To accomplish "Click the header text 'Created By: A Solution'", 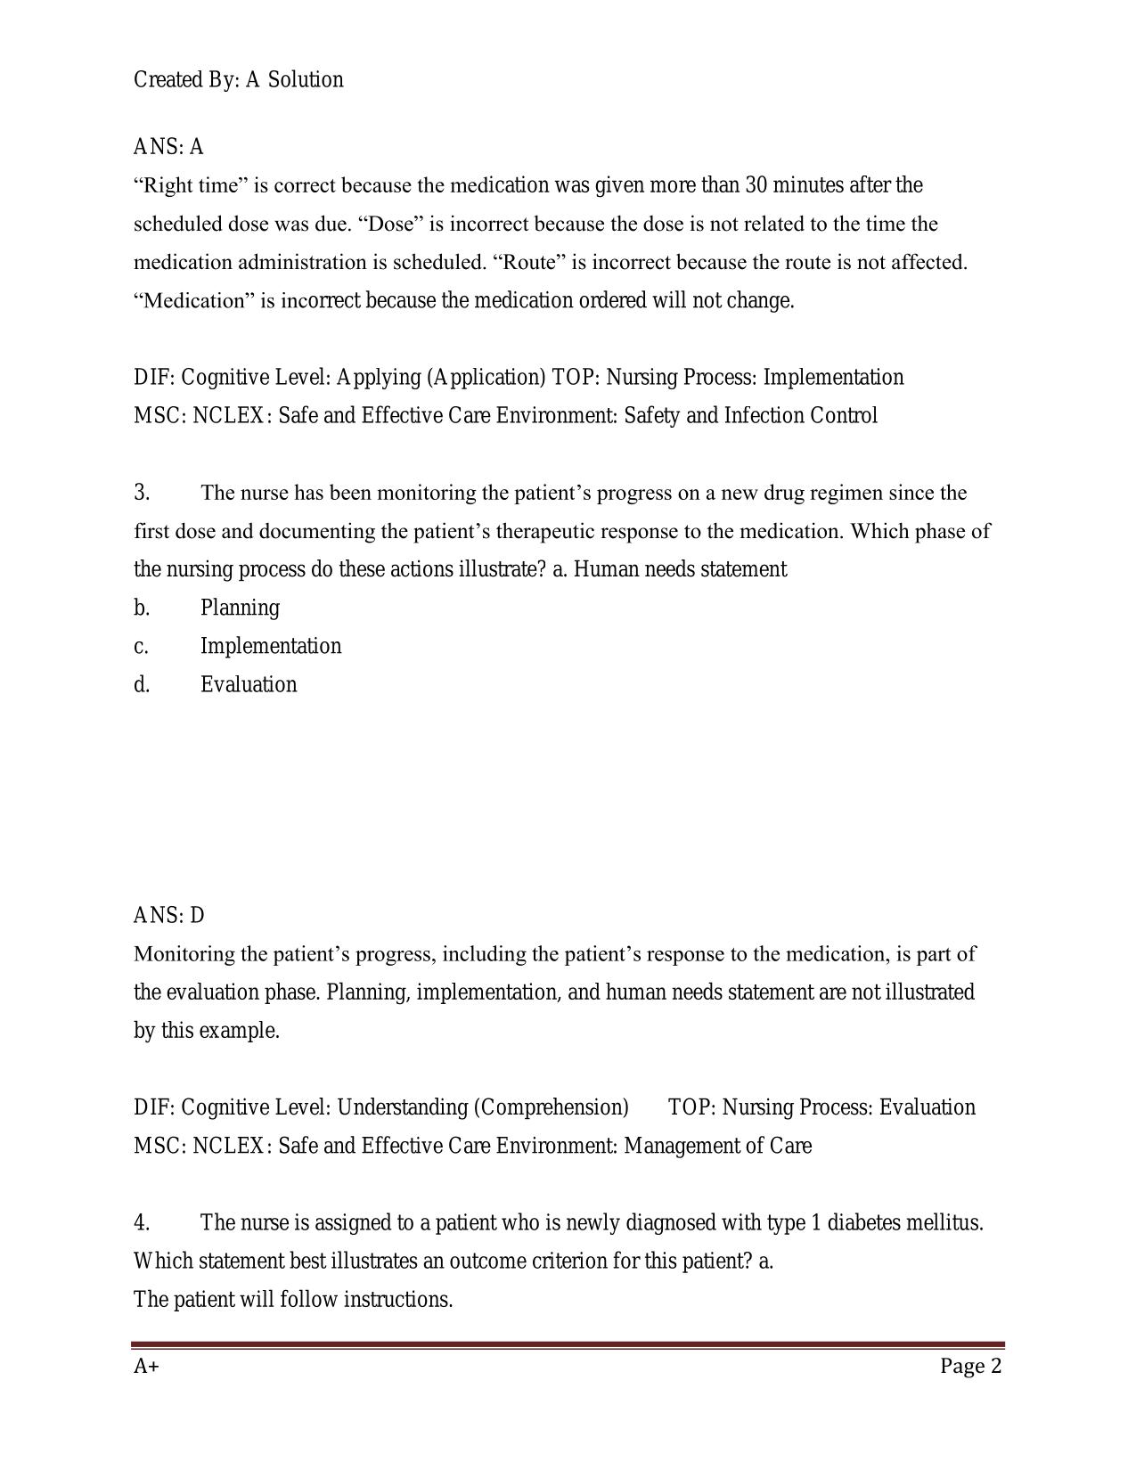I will coord(238,80).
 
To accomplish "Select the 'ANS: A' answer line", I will coord(168,146).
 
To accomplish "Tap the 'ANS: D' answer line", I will coord(168,915).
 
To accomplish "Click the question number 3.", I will coord(142,493).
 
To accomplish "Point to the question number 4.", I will coord(142,1222).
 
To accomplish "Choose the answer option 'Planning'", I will coord(240,608).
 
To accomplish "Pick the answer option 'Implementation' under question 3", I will coord(271,646).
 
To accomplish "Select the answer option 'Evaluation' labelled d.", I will coord(249,684).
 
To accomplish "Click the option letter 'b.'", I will coord(142,608).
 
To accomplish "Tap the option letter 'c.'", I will coord(142,646).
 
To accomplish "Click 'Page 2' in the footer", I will coord(970,1367).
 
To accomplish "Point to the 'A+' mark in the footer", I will coord(146,1367).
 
